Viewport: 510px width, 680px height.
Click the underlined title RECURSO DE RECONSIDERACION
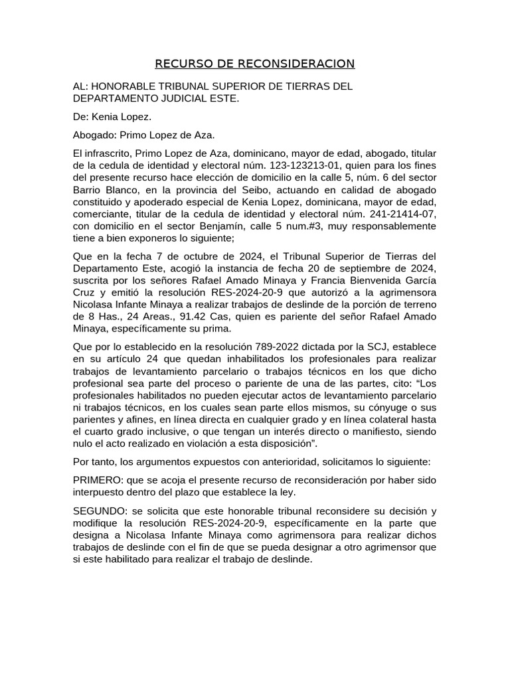(255, 64)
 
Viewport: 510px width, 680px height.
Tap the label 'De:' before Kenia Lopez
(81, 117)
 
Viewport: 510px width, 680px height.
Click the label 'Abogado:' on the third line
(94, 135)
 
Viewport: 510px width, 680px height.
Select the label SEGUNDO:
(97, 511)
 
